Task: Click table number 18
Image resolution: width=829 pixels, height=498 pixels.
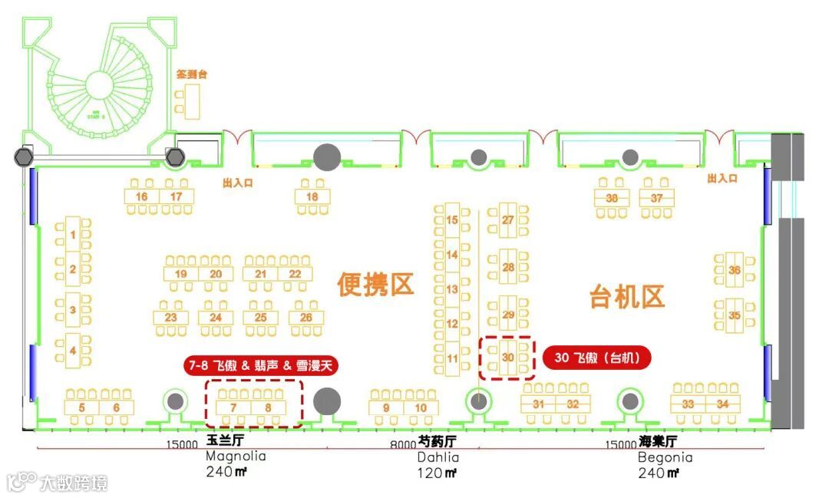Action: pyautogui.click(x=312, y=197)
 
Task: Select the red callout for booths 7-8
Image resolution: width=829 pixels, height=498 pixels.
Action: pyautogui.click(x=262, y=365)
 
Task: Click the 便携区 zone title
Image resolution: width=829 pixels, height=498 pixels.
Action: pyautogui.click(x=375, y=285)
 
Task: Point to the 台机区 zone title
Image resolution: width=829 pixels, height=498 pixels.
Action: pyautogui.click(x=626, y=296)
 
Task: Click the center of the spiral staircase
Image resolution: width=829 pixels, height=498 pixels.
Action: pyautogui.click(x=97, y=83)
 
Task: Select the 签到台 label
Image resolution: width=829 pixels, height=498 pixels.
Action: pyautogui.click(x=192, y=75)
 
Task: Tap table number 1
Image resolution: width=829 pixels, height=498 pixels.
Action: pyautogui.click(x=73, y=234)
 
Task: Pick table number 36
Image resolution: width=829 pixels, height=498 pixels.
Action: pyautogui.click(x=735, y=270)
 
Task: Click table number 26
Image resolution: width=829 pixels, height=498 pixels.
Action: pyautogui.click(x=306, y=317)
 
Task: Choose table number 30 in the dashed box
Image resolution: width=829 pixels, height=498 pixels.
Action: pyautogui.click(x=507, y=358)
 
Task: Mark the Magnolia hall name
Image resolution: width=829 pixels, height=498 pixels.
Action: pyautogui.click(x=235, y=457)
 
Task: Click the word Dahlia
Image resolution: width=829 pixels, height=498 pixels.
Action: pyautogui.click(x=439, y=457)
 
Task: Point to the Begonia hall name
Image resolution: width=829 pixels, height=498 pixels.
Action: pyautogui.click(x=665, y=457)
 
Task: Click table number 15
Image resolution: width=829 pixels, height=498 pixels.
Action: pyautogui.click(x=453, y=220)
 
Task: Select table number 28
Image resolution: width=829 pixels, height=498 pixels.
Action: pyautogui.click(x=508, y=268)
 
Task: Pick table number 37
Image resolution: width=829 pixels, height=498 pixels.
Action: pyautogui.click(x=656, y=198)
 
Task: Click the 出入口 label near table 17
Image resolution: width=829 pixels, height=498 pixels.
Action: pyautogui.click(x=237, y=183)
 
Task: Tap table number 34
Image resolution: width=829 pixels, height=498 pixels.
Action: pyautogui.click(x=722, y=404)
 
